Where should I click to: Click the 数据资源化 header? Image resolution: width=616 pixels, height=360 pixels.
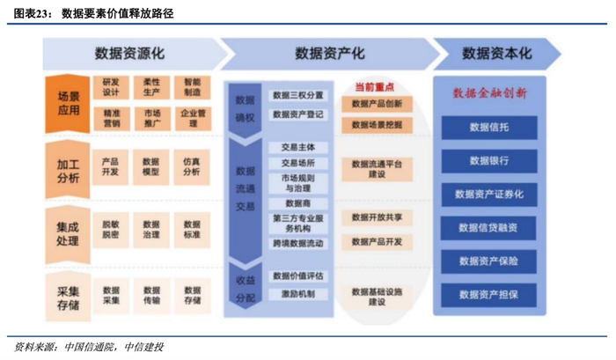[129, 54]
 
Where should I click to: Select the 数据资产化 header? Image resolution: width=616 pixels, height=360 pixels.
[329, 54]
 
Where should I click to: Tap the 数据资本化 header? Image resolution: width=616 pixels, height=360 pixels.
[497, 54]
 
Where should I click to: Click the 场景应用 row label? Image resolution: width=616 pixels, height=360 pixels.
[68, 103]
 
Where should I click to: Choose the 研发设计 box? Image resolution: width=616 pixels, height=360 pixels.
[111, 87]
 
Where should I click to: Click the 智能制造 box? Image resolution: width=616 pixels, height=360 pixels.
[192, 87]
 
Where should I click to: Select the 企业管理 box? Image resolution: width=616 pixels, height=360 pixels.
[192, 118]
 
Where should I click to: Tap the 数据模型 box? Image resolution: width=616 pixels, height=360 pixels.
[151, 167]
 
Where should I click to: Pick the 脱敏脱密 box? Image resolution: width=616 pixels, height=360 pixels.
[111, 230]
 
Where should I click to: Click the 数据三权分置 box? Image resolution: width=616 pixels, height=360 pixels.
[297, 95]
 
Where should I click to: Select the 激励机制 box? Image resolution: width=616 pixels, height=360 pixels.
[297, 294]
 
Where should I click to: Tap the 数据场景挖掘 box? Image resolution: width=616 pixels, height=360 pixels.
[377, 125]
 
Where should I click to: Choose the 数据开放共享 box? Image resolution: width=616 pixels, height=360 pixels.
[377, 217]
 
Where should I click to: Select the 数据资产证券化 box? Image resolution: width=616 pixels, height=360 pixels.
[489, 194]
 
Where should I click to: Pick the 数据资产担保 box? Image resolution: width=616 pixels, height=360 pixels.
[489, 294]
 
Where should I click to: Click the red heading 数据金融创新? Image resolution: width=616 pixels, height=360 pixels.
[489, 92]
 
